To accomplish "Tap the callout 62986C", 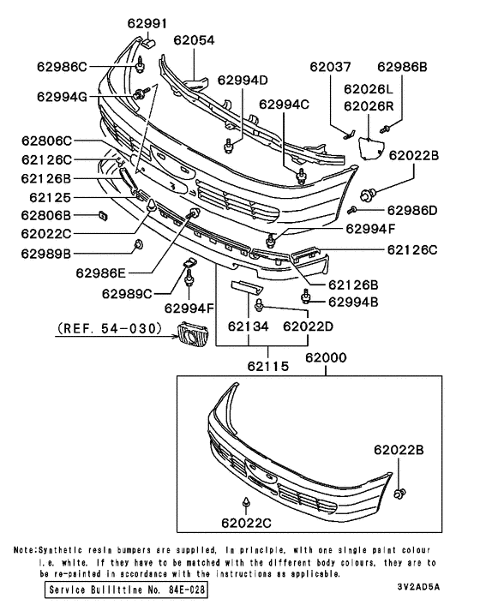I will pos(62,65).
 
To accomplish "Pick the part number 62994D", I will pos(243,81).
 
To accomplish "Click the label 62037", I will pos(330,65).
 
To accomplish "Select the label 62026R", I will pos(369,105).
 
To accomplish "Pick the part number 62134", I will pos(248,326).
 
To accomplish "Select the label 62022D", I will pos(308,326).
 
